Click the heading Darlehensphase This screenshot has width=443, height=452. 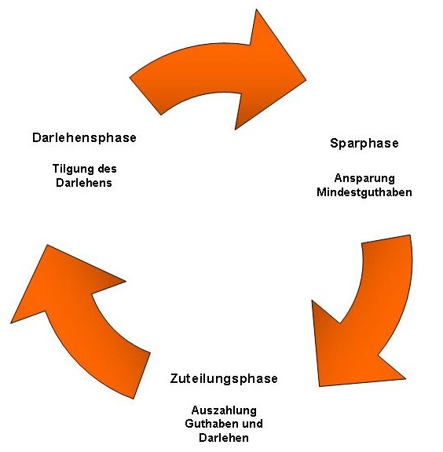84,137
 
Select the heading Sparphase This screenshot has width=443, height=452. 364,144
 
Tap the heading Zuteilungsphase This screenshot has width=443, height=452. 224,378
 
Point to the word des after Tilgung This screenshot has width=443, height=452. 107,169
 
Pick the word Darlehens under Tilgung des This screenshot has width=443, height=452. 84,183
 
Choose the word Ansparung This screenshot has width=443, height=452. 364,178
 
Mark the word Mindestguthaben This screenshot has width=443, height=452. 364,192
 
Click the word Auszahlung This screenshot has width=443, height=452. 224,410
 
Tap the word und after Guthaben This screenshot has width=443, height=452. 252,424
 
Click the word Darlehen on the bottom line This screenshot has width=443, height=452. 224,438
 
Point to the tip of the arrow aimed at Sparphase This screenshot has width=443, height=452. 306,78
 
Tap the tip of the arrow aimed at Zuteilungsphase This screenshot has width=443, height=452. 319,386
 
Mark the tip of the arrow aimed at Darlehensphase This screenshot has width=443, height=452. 47,246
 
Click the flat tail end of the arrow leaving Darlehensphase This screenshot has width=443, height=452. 145,96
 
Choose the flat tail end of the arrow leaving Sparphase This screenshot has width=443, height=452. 386,239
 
